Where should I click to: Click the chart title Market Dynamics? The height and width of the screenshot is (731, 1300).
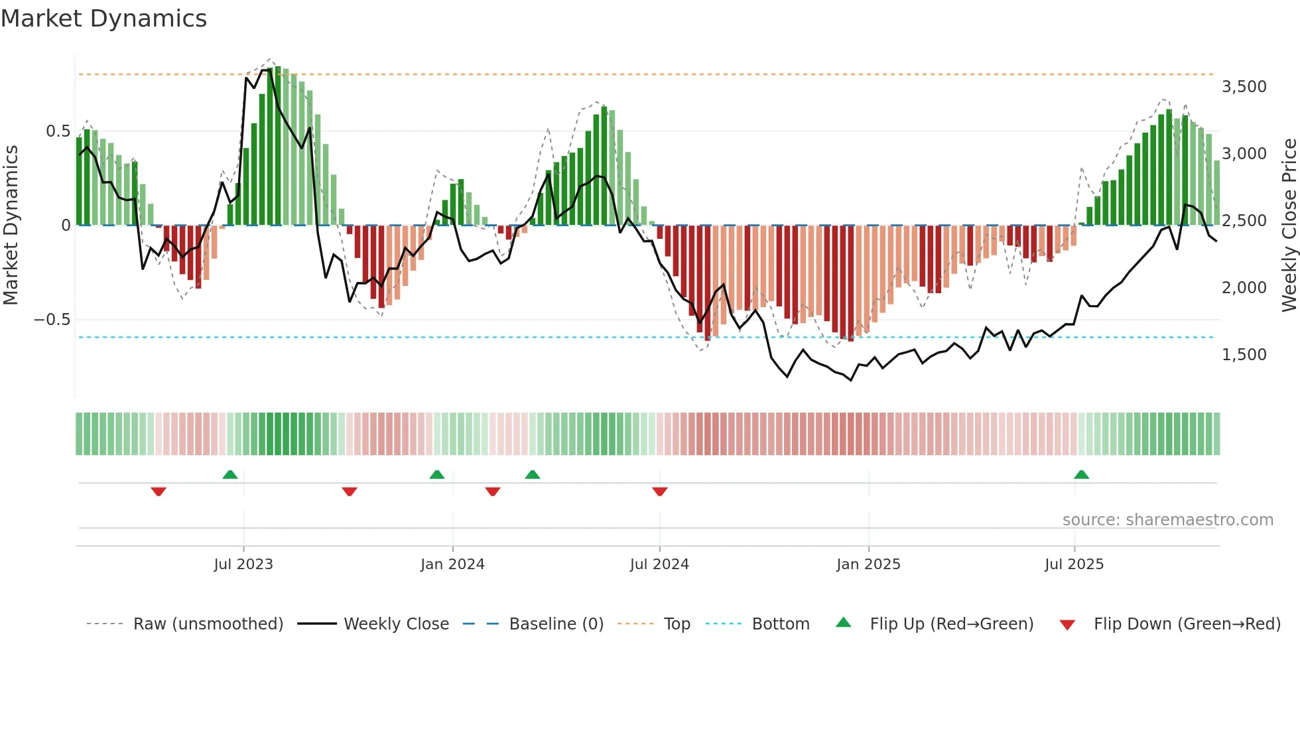[x=103, y=19]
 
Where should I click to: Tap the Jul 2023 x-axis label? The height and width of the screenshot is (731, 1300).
[x=243, y=564]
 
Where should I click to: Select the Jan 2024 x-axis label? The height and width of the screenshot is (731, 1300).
[x=452, y=564]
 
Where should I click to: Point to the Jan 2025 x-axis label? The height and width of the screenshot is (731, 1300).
[x=868, y=564]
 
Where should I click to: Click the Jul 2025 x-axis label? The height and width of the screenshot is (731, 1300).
[x=1074, y=564]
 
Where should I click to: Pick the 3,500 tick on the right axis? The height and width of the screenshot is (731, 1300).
[x=1244, y=87]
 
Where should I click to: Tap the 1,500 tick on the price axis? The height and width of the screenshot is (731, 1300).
[x=1244, y=355]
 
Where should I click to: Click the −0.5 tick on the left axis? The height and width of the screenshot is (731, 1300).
[x=52, y=320]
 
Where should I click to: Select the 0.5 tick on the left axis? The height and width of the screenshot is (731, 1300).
[x=58, y=131]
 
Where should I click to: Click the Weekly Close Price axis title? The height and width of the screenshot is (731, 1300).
[x=1289, y=225]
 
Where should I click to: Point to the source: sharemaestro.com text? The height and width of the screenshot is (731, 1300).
[x=1167, y=519]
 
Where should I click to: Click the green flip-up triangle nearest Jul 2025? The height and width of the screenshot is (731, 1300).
[x=1081, y=474]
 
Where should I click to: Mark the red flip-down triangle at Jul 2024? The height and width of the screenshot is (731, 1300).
[x=659, y=492]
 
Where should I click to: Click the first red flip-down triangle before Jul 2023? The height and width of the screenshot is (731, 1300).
[x=159, y=492]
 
